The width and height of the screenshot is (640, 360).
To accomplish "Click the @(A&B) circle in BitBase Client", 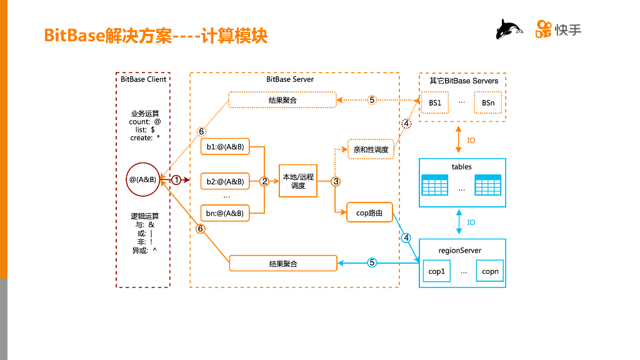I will click(142, 180).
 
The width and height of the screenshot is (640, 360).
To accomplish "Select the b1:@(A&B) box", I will click(225, 147).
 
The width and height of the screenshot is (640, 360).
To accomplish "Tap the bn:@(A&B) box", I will click(225, 213).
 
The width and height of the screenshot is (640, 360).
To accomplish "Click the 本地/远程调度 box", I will click(298, 181).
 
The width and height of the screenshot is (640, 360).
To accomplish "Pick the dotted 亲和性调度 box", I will click(371, 150).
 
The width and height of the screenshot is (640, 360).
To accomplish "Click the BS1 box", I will click(435, 102).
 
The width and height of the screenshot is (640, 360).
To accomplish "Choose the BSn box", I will click(488, 102).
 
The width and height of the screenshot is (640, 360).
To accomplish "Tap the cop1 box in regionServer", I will click(436, 271).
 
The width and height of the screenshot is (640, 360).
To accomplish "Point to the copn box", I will click(490, 271).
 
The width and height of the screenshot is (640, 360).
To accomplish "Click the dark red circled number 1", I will click(176, 180).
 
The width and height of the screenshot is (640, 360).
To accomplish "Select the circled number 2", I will click(264, 181).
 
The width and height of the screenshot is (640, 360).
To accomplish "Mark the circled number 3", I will click(336, 181).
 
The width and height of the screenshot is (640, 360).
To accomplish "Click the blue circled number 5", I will click(372, 262).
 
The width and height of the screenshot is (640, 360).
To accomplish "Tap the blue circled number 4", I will click(406, 237).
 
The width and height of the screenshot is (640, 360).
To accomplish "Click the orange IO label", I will click(471, 141).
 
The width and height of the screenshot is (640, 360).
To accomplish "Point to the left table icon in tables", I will click(435, 185).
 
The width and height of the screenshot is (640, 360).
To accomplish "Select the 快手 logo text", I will click(567, 29).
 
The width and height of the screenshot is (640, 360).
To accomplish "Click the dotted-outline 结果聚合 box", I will click(282, 100).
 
